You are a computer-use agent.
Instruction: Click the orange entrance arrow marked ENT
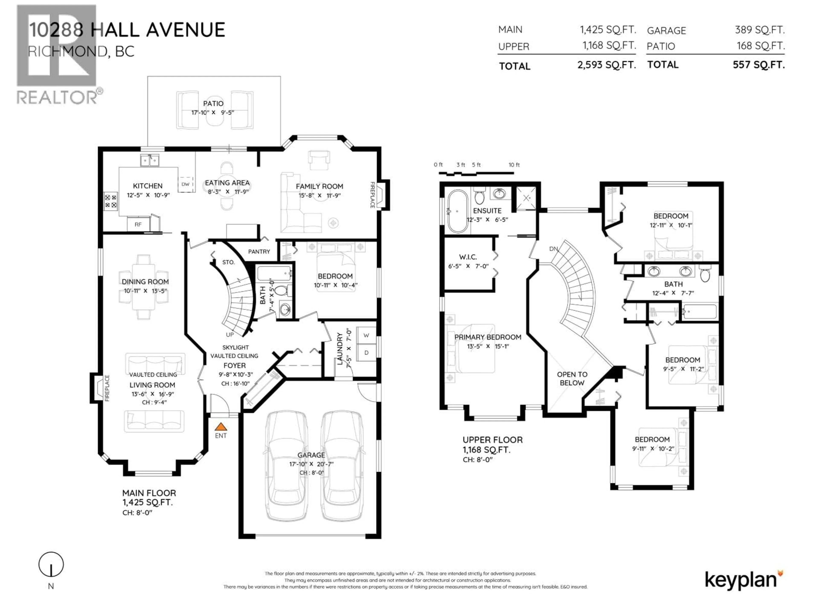point(221,427)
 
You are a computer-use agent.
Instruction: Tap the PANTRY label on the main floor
point(259,252)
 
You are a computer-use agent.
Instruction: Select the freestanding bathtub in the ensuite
point(458,211)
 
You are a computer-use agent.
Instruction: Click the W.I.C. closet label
point(468,257)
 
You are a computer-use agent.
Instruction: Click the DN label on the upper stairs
point(553,249)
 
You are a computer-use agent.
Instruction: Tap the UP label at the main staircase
point(229,335)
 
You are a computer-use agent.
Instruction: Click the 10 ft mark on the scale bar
point(514,165)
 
